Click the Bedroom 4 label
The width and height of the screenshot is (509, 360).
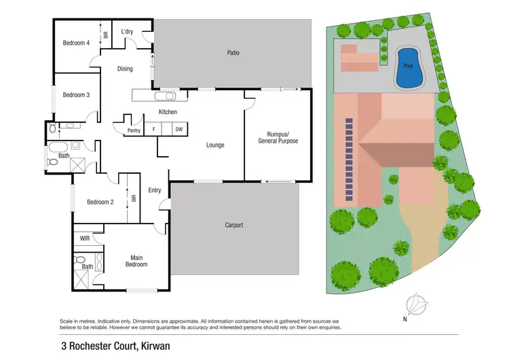pyautogui.click(x=76, y=43)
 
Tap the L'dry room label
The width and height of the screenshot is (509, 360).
pyautogui.click(x=127, y=32)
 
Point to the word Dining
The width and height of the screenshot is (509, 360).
pyautogui.click(x=125, y=69)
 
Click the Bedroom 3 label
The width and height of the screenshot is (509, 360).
pyautogui.click(x=76, y=95)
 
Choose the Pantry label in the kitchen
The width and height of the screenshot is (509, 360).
pyautogui.click(x=134, y=129)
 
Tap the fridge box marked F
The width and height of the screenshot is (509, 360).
pyautogui.click(x=154, y=129)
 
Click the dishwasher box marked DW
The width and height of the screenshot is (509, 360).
pyautogui.click(x=178, y=129)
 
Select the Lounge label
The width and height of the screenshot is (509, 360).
pyautogui.click(x=215, y=145)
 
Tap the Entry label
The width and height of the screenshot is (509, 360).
pyautogui.click(x=155, y=190)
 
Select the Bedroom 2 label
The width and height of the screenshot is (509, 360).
pyautogui.click(x=98, y=202)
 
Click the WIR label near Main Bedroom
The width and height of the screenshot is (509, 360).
pyautogui.click(x=85, y=238)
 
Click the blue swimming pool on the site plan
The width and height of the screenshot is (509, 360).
pyautogui.click(x=407, y=68)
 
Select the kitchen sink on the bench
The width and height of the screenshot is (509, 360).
pyautogui.click(x=167, y=96)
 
